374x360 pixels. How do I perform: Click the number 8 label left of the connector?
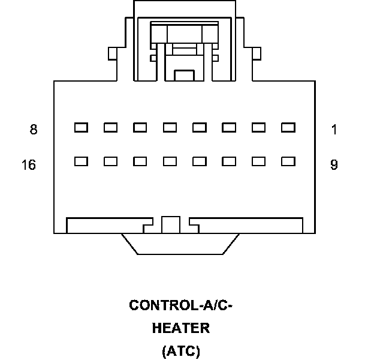pyautogui.click(x=34, y=129)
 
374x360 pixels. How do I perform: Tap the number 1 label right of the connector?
pyautogui.click(x=334, y=129)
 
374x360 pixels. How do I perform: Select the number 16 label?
pyautogui.click(x=28, y=165)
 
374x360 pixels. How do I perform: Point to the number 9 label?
pyautogui.click(x=334, y=165)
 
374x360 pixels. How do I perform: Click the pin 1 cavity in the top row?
pyautogui.click(x=288, y=127)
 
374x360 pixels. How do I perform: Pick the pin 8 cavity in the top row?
pyautogui.click(x=81, y=127)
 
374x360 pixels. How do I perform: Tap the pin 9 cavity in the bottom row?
pyautogui.click(x=288, y=161)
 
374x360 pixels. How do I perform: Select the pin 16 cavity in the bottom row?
pyautogui.click(x=81, y=161)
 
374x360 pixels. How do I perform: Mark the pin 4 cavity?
pyautogui.click(x=200, y=127)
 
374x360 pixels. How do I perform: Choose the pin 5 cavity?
pyautogui.click(x=170, y=127)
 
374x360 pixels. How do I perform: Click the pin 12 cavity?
pyautogui.click(x=200, y=161)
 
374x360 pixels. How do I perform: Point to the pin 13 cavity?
pyautogui.click(x=170, y=161)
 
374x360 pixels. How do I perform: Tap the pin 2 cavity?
pyautogui.click(x=259, y=127)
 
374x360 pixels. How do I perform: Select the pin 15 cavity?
pyautogui.click(x=110, y=161)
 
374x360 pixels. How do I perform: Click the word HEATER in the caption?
pyautogui.click(x=180, y=328)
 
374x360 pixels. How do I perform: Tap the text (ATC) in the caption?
pyautogui.click(x=180, y=351)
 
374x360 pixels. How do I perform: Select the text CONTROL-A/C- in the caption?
pyautogui.click(x=180, y=305)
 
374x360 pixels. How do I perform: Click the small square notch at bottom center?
pyautogui.click(x=171, y=225)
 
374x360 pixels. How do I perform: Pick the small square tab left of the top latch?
pyautogui.click(x=111, y=54)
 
